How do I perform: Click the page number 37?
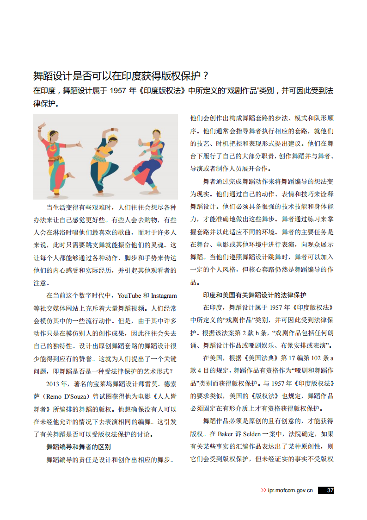pyautogui.click(x=330, y=490)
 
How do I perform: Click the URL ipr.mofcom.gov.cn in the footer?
pyautogui.click(x=290, y=490)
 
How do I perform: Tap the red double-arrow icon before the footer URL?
pyautogui.click(x=263, y=490)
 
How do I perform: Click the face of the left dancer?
pyautogui.click(x=52, y=136)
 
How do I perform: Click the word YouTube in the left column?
pyautogui.click(x=129, y=295)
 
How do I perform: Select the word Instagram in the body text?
pyautogui.click(x=164, y=295)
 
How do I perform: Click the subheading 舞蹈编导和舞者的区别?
pyautogui.click(x=78, y=447)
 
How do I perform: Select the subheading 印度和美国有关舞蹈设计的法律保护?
pyautogui.click(x=255, y=295)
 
